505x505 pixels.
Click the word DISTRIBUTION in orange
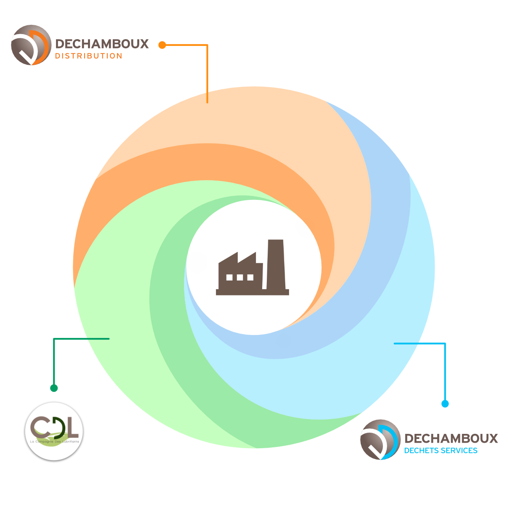tap(88, 56)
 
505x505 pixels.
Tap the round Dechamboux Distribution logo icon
tap(31, 45)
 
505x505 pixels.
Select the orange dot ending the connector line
tap(162, 45)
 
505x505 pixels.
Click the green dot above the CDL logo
tap(54, 388)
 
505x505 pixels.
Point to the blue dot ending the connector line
tap(445, 404)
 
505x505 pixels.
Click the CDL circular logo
tap(53, 432)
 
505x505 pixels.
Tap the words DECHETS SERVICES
tap(441, 451)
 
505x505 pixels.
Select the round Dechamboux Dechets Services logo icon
tap(380, 439)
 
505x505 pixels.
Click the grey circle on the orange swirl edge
tap(305, 227)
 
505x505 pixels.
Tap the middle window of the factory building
tap(240, 278)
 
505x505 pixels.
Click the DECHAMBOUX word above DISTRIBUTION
tap(102, 44)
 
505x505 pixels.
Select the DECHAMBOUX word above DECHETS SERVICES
tap(451, 439)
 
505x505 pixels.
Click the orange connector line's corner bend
tap(207, 45)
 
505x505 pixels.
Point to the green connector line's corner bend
tap(54, 339)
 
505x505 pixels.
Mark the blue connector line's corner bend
tap(445, 344)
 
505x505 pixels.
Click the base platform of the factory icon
tap(252, 292)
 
